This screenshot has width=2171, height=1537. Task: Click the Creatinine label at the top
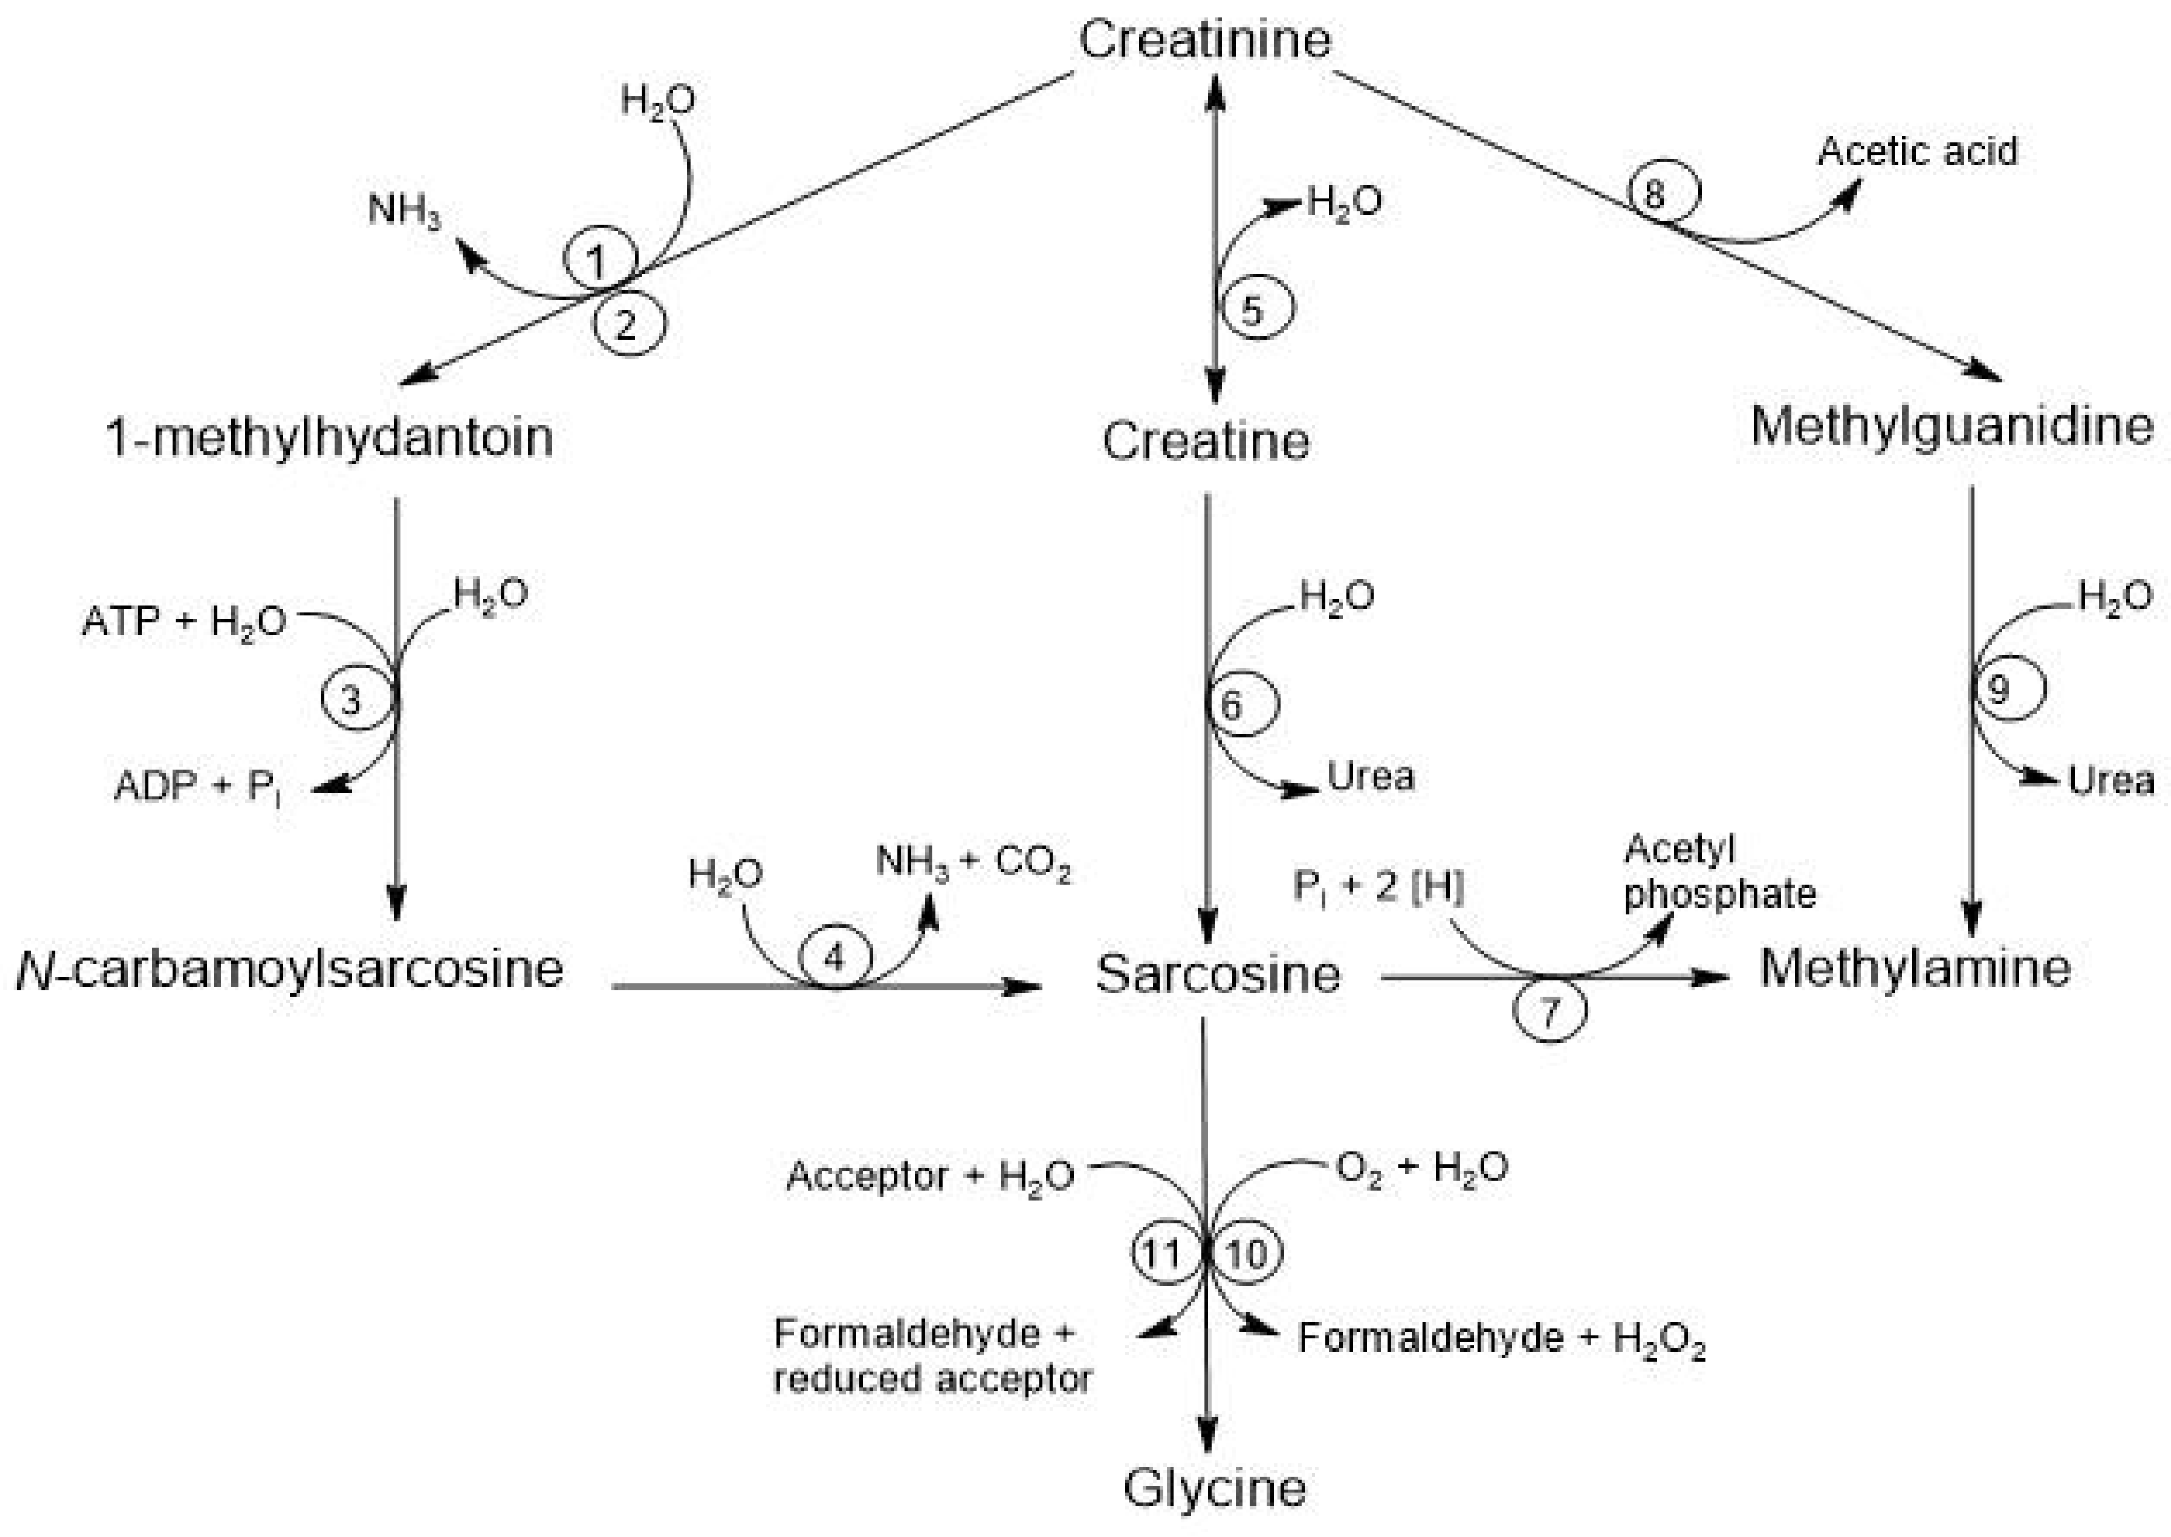tap(1204, 40)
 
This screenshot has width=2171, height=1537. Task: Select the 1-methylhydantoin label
tap(330, 437)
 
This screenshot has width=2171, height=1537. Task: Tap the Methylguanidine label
tap(1952, 426)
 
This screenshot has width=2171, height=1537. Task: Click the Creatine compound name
tap(1205, 441)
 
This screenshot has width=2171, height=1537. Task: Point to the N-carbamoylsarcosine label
tap(290, 969)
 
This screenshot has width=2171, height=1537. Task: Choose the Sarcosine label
tap(1218, 974)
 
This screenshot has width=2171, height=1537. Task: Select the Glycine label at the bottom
tap(1214, 1488)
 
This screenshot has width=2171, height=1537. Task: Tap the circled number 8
tap(1664, 194)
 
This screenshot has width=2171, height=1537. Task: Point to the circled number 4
tap(834, 958)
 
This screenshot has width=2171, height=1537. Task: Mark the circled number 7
tap(1549, 1012)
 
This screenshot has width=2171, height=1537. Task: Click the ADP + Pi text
tap(196, 787)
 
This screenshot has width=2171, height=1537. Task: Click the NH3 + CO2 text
tap(972, 863)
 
